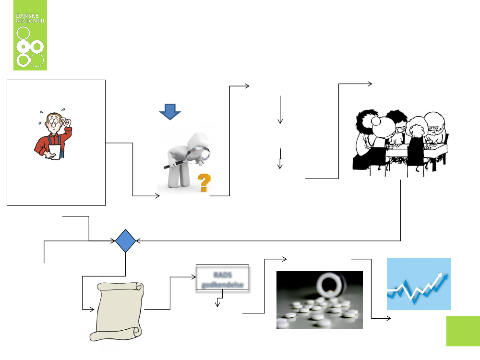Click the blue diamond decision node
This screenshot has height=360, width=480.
[x=126, y=240]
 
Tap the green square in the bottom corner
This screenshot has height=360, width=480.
[x=463, y=331]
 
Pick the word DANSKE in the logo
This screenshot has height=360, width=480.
[x=30, y=16]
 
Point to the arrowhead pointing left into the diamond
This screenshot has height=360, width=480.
[x=140, y=240]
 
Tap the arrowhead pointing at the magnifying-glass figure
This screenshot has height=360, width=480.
[x=157, y=196]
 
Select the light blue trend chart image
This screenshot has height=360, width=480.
[x=419, y=284]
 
